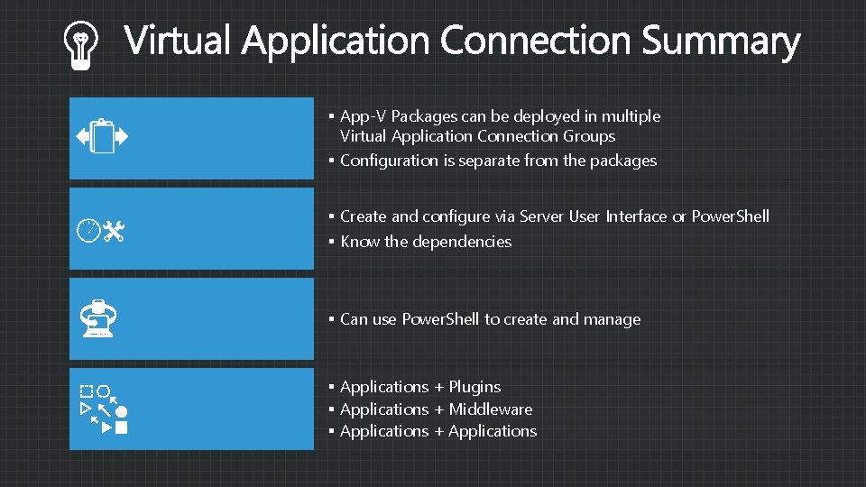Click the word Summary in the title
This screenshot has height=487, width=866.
(x=721, y=41)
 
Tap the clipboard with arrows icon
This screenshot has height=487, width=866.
(x=103, y=137)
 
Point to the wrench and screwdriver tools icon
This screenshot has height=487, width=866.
(x=115, y=232)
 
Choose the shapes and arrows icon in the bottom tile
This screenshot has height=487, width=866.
(x=103, y=409)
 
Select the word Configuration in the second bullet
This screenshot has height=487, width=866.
(x=389, y=161)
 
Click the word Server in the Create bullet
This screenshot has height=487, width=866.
(x=542, y=216)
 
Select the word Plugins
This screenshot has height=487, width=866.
(x=474, y=387)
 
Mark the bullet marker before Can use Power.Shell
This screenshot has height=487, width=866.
(x=332, y=319)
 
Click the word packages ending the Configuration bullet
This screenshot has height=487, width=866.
(x=623, y=161)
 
